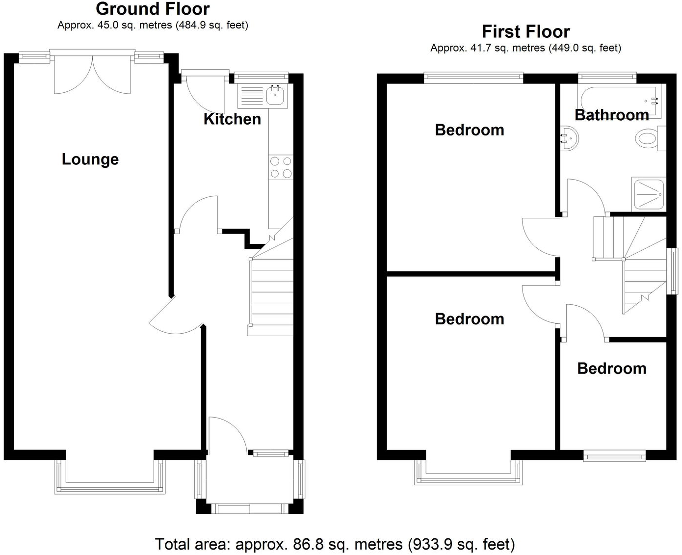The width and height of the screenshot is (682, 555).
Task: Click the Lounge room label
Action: click(90, 159)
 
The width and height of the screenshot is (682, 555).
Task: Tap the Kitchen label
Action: click(232, 119)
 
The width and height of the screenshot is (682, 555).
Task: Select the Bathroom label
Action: click(612, 115)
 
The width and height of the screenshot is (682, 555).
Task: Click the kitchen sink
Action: click(277, 95)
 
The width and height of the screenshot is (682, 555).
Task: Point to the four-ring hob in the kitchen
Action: click(281, 167)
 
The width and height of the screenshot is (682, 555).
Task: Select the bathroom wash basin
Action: click(569, 138)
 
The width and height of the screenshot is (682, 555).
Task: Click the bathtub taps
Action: click(655, 101)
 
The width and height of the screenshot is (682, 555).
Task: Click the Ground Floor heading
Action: click(153, 9)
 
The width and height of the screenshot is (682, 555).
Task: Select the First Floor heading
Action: click(525, 32)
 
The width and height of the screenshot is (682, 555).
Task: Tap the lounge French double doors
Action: click(92, 74)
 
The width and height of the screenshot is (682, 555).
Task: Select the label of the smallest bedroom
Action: click(611, 369)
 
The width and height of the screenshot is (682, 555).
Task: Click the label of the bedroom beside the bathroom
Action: click(470, 130)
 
